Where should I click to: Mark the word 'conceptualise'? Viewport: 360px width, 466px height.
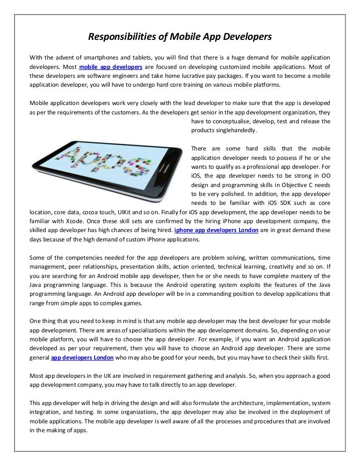227,121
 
